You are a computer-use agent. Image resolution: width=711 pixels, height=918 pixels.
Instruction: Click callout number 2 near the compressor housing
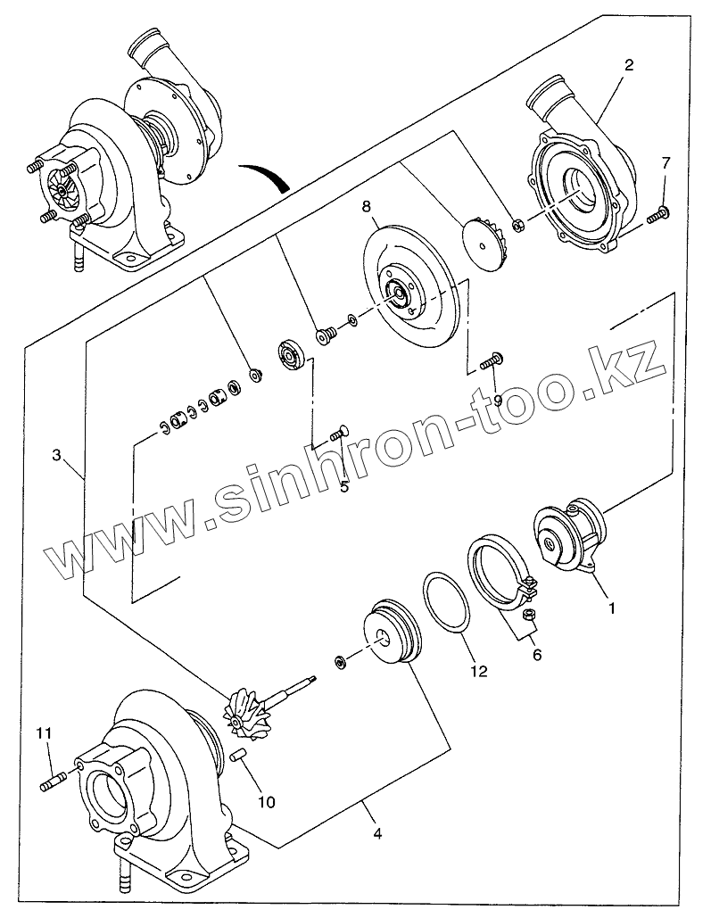click(x=630, y=65)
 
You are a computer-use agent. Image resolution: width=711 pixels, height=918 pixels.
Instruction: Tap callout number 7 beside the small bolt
click(x=666, y=163)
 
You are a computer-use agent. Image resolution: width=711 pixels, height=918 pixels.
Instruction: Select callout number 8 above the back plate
click(x=366, y=207)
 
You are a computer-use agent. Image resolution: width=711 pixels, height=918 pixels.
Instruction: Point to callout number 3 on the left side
click(x=56, y=455)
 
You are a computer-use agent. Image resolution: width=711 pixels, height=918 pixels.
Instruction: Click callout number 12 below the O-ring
click(x=479, y=671)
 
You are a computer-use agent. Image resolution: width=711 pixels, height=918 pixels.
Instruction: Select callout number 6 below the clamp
click(x=536, y=654)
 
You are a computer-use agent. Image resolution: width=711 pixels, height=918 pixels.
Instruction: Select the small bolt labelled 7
click(x=659, y=213)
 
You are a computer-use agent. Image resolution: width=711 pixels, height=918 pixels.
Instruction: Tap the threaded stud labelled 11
click(x=53, y=783)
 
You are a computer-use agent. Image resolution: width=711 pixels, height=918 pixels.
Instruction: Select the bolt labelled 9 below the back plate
click(x=491, y=360)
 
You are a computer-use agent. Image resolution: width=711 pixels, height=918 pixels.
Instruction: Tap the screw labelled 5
click(x=337, y=434)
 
